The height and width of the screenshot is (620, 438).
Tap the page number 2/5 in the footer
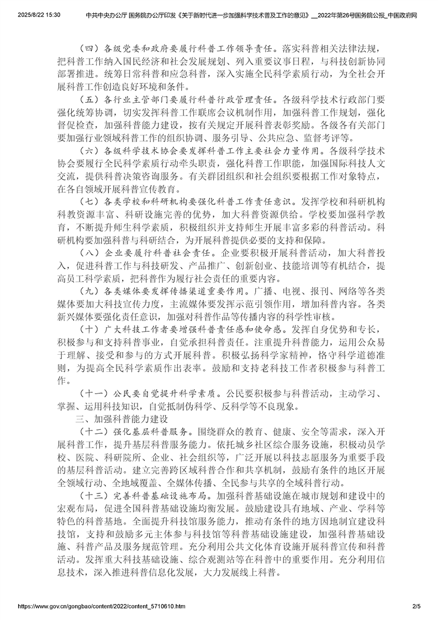416,606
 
